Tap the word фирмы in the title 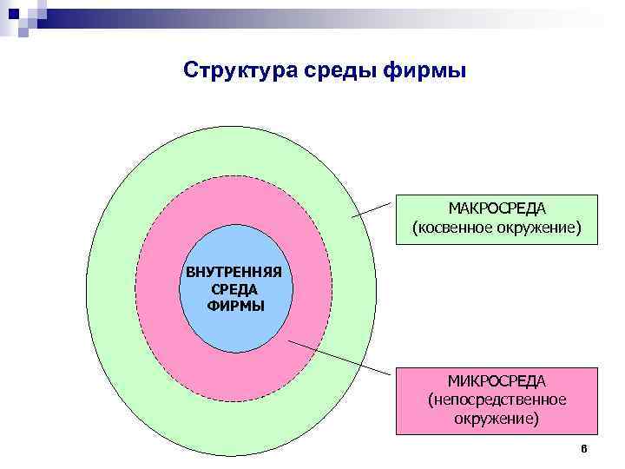[x=425, y=69]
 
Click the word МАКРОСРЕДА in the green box [x=497, y=209]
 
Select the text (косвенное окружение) [x=497, y=228]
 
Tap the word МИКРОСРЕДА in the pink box [x=497, y=381]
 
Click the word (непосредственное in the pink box [x=497, y=400]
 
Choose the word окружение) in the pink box [x=497, y=418]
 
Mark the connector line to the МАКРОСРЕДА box [x=373, y=209]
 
